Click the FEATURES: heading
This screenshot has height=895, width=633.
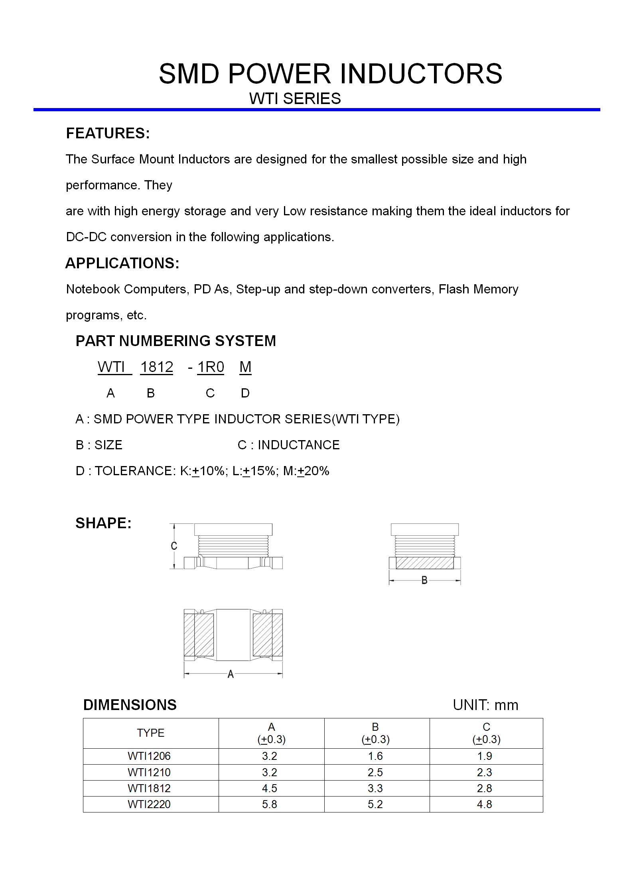coord(108,133)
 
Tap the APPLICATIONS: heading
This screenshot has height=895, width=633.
coord(122,263)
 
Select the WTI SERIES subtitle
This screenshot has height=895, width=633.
coord(295,98)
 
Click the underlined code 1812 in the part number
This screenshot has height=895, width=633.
coord(157,367)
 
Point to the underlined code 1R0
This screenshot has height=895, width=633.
coord(211,367)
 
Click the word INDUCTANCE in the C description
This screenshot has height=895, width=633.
coord(298,445)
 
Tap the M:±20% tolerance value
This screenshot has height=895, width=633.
coord(306,471)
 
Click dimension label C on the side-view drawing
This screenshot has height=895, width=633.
coord(174,546)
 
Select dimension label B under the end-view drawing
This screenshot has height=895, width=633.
coord(424,580)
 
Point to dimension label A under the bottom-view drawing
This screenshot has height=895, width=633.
coord(231,674)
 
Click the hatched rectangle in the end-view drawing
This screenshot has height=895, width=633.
coord(424,563)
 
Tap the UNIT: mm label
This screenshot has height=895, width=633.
coord(485,705)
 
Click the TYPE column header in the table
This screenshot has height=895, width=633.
coord(150,733)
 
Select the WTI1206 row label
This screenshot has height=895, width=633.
coord(149,756)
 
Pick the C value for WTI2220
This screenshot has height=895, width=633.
coord(484,804)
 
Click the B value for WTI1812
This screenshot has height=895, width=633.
coord(375,788)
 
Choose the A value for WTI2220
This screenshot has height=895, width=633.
coord(269,804)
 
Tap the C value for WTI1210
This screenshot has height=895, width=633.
coord(484,772)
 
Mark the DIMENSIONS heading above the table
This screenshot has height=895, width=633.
coord(130,705)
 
